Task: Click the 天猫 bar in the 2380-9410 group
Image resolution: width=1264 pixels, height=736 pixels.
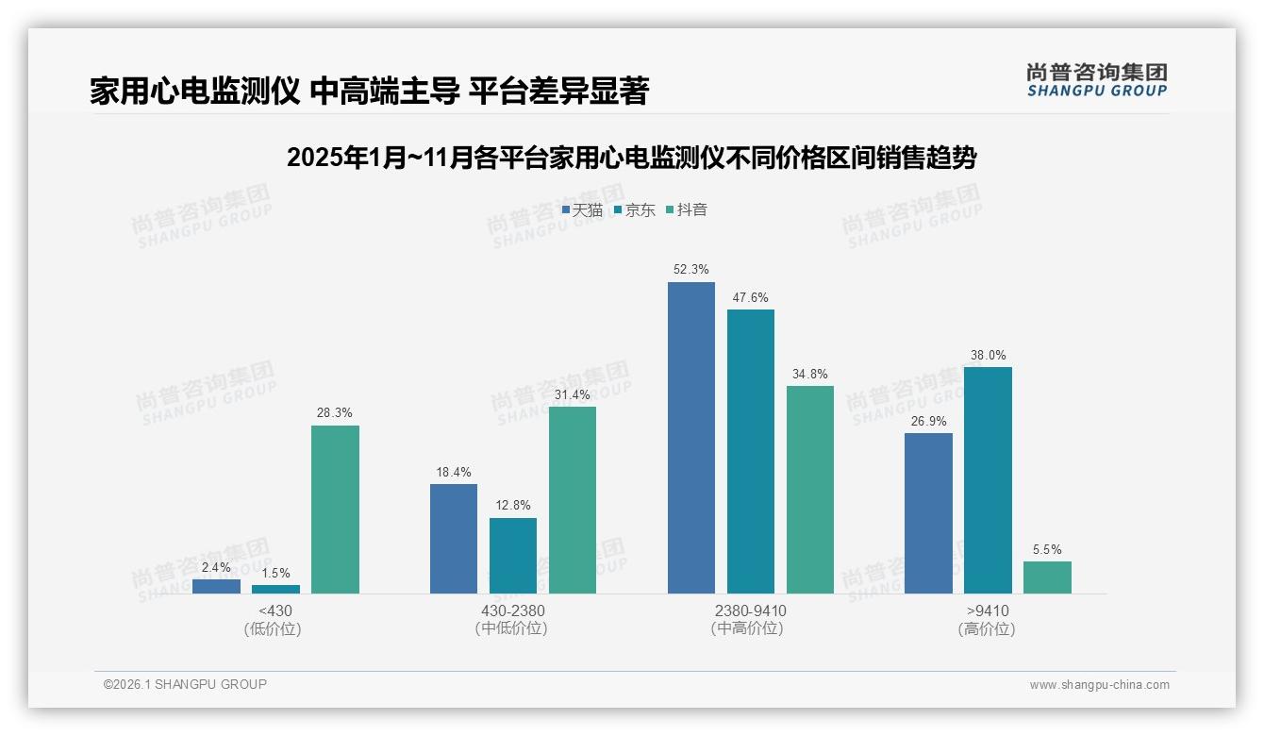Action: click(x=690, y=438)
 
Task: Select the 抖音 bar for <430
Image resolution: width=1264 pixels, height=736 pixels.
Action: click(x=335, y=510)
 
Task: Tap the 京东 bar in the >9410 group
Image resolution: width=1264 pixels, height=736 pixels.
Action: click(x=988, y=480)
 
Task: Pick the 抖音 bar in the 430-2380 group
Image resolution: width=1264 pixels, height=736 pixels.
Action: click(x=573, y=500)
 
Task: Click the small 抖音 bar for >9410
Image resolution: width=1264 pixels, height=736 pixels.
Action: click(x=1047, y=577)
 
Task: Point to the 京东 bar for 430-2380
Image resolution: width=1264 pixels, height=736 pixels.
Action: click(x=513, y=556)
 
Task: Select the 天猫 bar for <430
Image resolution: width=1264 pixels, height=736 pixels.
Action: click(x=216, y=586)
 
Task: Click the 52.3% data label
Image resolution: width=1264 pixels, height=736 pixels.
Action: click(x=690, y=269)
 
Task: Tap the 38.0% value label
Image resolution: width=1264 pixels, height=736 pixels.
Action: click(x=988, y=355)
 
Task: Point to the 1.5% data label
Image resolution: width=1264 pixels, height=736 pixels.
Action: click(x=275, y=573)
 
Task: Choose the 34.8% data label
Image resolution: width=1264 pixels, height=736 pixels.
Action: click(x=809, y=374)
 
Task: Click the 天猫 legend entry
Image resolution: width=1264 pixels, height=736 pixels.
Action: click(x=582, y=209)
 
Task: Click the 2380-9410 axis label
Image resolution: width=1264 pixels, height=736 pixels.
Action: click(x=750, y=611)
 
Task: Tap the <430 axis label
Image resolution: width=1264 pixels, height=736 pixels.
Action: click(x=274, y=611)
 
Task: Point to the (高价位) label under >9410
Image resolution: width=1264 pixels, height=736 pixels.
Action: click(x=987, y=628)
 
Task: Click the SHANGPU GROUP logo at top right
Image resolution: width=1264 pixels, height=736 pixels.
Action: click(x=1096, y=79)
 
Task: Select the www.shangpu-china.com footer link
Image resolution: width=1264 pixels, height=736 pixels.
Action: click(x=1099, y=685)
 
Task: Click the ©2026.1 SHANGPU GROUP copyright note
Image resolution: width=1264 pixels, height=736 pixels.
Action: click(x=185, y=684)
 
